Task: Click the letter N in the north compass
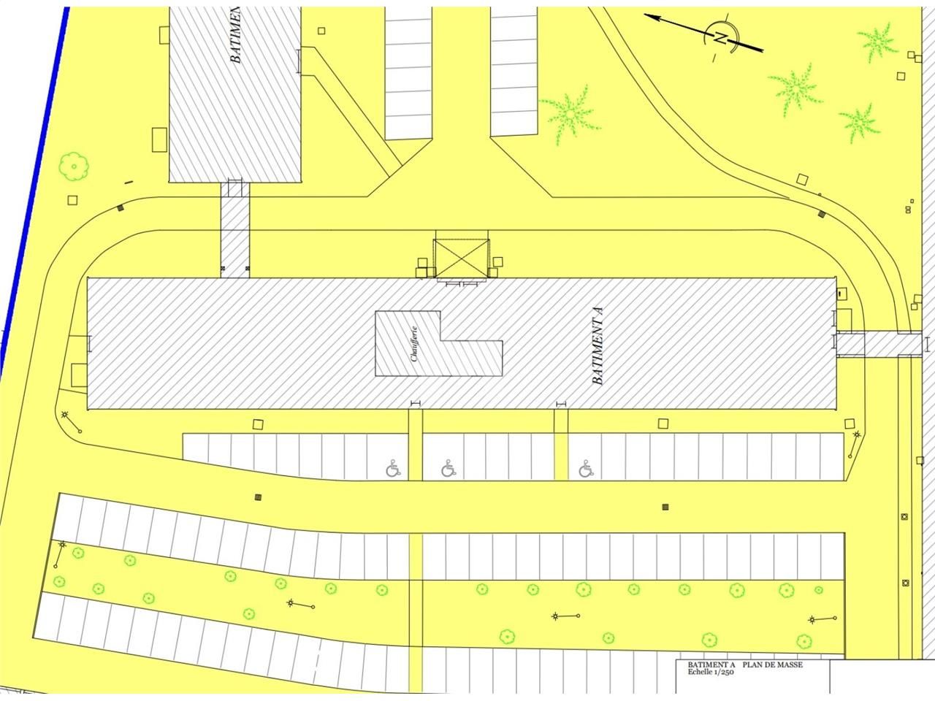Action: [721, 39]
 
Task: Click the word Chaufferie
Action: [414, 344]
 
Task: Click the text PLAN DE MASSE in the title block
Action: [773, 665]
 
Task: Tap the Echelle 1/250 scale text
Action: [710, 673]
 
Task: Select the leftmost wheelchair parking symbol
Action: [394, 468]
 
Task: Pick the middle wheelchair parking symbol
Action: [449, 468]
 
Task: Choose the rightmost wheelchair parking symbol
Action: [585, 468]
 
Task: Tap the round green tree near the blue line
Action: [74, 165]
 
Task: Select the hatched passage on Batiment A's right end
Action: [877, 343]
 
